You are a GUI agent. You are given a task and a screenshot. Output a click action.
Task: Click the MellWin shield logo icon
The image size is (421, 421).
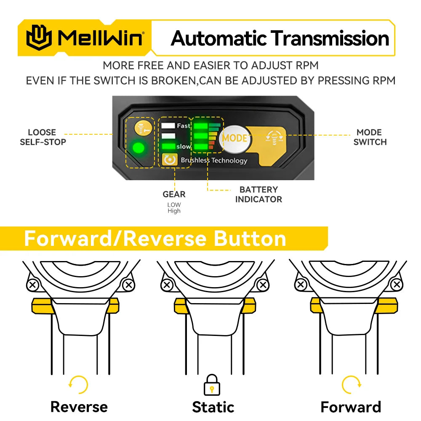click(x=40, y=38)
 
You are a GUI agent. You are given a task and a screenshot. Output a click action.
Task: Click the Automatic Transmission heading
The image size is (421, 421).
click(x=280, y=38)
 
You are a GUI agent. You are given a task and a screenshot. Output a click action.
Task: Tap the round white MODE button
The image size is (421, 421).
click(x=234, y=138)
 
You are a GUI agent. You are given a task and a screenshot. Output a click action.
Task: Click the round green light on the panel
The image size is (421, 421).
click(x=139, y=149)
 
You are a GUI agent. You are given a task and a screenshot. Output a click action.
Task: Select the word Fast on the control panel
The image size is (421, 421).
click(x=184, y=125)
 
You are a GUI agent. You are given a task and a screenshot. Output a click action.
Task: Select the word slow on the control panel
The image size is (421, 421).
click(x=184, y=147)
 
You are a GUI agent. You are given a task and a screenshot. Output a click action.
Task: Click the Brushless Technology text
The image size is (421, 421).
click(x=214, y=160)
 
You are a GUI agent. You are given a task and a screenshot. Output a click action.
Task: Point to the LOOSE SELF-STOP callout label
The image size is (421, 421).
click(x=43, y=137)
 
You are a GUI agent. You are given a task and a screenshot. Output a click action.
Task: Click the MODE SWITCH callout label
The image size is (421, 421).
click(x=370, y=137)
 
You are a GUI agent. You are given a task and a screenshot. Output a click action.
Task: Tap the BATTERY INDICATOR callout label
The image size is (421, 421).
click(x=258, y=195)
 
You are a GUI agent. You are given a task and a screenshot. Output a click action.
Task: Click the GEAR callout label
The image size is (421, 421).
click(x=174, y=194)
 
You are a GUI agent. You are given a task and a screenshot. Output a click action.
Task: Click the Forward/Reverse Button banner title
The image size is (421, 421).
click(x=155, y=238)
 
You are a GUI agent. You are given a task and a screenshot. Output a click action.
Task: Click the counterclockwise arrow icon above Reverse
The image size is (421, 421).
click(x=79, y=385)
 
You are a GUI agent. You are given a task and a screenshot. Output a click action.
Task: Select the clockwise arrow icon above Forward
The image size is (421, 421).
click(x=351, y=385)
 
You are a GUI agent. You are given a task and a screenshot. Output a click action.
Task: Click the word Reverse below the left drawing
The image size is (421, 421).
click(x=79, y=407)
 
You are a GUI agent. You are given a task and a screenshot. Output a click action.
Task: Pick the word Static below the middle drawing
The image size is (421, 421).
click(x=213, y=407)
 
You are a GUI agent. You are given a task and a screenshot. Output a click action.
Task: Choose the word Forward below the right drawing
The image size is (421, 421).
click(x=351, y=407)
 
